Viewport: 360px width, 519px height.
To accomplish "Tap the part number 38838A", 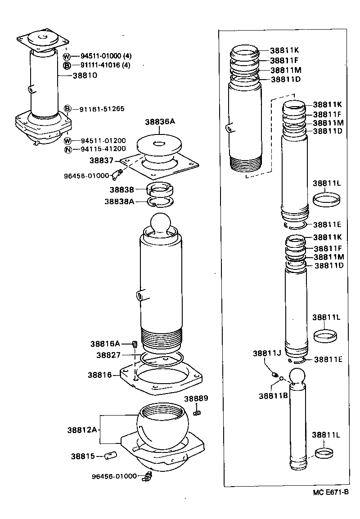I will [119, 201].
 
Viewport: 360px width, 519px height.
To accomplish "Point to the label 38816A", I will [105, 344].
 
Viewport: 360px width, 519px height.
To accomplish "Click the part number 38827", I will [108, 355].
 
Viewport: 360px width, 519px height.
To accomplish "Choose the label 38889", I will [196, 398].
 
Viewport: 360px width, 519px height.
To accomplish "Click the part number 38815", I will [82, 456].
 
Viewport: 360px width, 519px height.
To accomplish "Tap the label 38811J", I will [266, 353].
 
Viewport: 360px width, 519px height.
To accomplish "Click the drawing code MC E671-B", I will [331, 492].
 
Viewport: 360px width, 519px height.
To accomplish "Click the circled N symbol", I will [67, 149].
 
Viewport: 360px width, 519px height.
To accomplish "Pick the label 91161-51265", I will [102, 109].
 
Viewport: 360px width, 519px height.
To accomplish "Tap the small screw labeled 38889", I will [197, 412].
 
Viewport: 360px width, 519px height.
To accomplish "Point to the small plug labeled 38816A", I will [134, 345].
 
